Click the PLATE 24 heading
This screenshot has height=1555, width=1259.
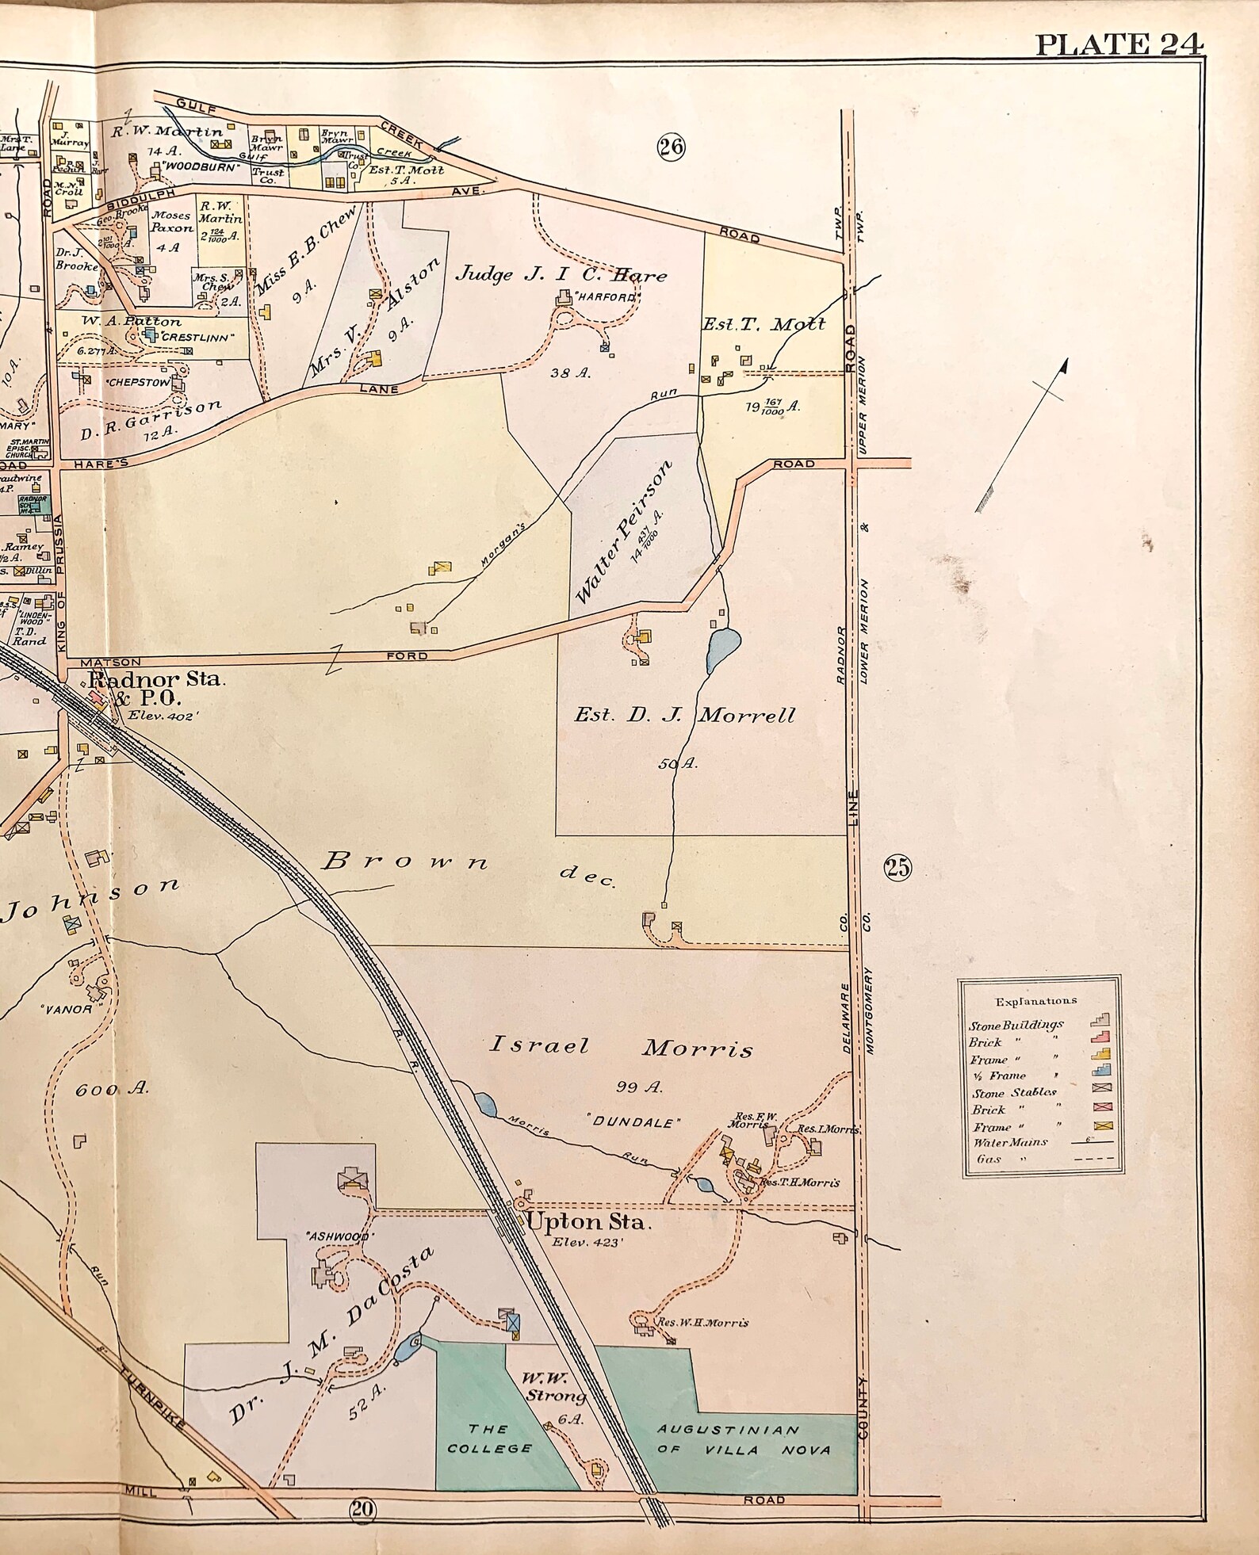pos(1119,44)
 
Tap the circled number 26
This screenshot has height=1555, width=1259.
pos(671,147)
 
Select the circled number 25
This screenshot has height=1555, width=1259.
pos(897,868)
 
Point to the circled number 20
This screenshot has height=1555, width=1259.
pos(362,1509)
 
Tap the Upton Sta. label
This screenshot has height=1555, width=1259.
pos(588,1221)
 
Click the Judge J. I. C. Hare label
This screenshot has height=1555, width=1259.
pos(561,274)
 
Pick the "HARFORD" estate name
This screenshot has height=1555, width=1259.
pos(607,298)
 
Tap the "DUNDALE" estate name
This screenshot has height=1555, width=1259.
pos(633,1122)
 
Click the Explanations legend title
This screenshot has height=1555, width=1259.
pos(1035,1001)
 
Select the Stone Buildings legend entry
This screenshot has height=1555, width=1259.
pos(1016,1025)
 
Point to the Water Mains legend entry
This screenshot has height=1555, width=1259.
pos(1010,1142)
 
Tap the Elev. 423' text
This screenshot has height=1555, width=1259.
pos(587,1243)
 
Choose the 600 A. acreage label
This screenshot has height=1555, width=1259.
pos(112,1090)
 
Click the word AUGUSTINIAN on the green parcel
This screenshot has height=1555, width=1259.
pos(729,1430)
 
